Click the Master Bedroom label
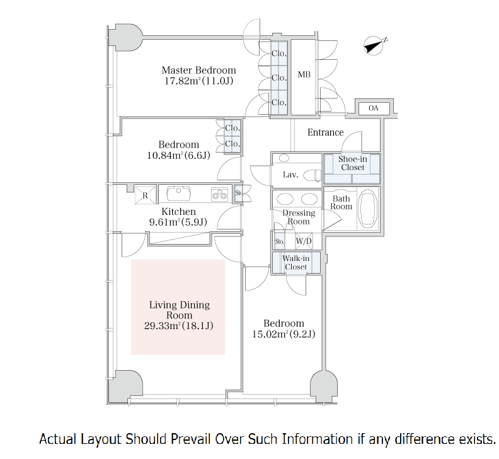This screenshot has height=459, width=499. [198, 70]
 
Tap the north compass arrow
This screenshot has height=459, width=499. [376, 44]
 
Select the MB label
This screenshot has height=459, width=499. [304, 76]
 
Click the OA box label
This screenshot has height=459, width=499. [374, 108]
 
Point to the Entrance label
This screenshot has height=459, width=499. [325, 132]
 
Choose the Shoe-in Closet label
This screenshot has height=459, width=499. [352, 163]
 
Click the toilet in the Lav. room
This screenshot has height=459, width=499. [313, 175]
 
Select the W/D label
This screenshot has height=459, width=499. [304, 241]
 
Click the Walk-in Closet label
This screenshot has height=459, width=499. [295, 262]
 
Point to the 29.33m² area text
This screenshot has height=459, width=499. [180, 325]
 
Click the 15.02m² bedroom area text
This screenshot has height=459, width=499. [284, 334]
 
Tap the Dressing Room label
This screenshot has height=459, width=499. [298, 217]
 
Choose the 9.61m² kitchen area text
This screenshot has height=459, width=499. [178, 222]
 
